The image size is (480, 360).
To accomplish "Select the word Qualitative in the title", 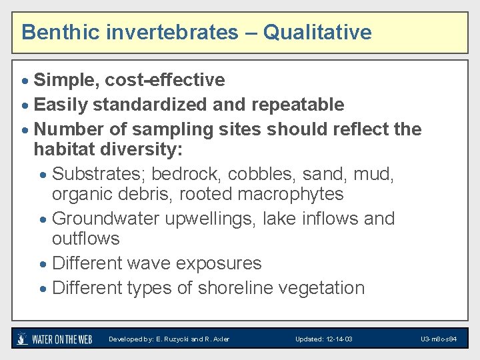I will click(317, 32).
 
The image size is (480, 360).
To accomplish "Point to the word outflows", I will click(85, 239).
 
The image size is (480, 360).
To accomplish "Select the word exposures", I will click(218, 263).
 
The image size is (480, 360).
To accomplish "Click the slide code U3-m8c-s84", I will click(439, 339).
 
